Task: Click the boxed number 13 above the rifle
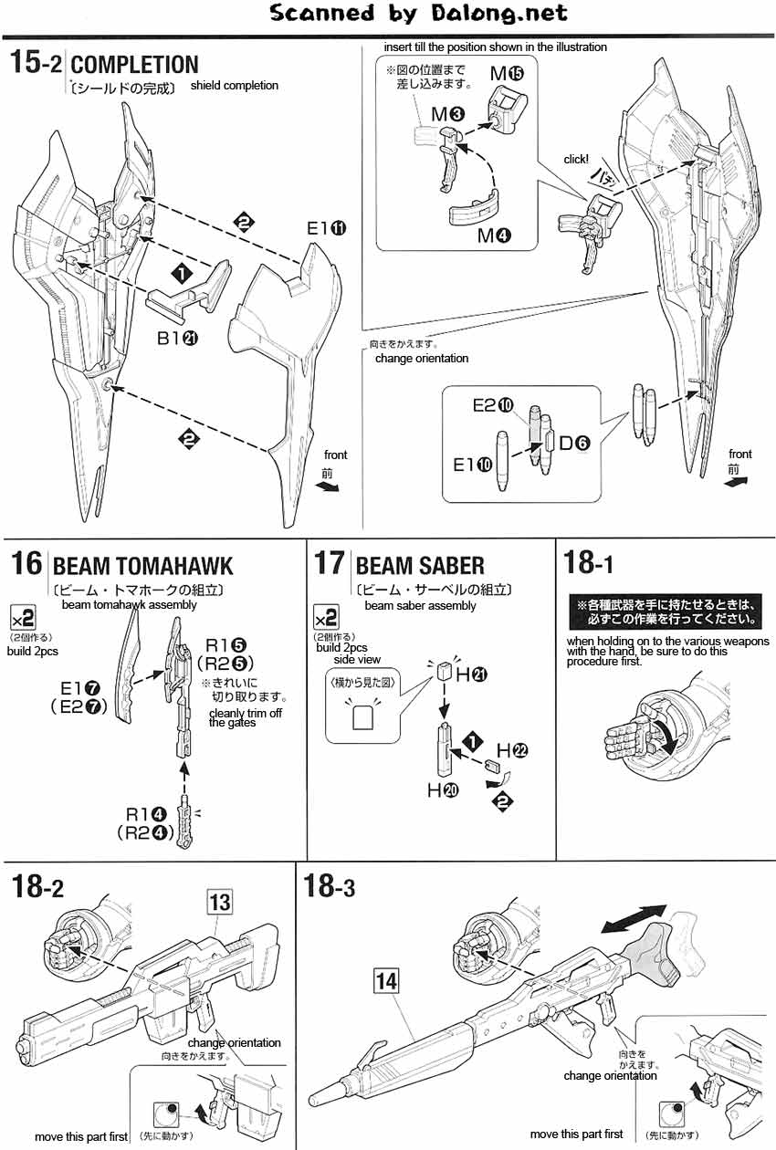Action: (220, 903)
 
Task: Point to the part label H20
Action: (443, 790)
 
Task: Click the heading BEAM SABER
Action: (420, 566)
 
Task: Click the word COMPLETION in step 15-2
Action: (134, 65)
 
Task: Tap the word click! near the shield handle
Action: (576, 159)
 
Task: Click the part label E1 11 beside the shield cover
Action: (325, 229)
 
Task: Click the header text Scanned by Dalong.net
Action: (419, 13)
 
